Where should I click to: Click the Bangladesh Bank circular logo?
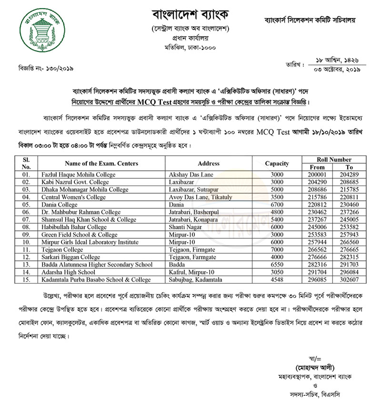coord(40,31)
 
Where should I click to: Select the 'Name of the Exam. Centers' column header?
coord(101,163)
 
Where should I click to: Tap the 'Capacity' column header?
coord(277,163)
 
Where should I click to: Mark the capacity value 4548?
coord(277,280)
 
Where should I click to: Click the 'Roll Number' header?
coord(334,159)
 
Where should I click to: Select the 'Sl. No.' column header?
coord(26,163)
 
